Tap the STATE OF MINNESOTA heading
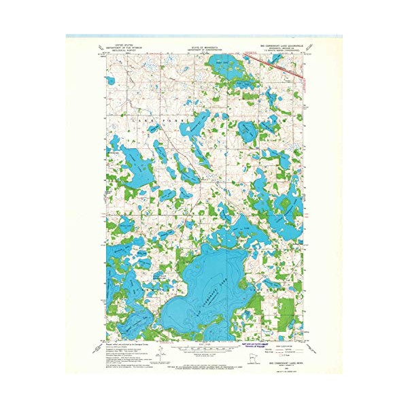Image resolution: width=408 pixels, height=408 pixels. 204,46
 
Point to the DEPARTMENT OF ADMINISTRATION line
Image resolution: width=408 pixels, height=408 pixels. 204,49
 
